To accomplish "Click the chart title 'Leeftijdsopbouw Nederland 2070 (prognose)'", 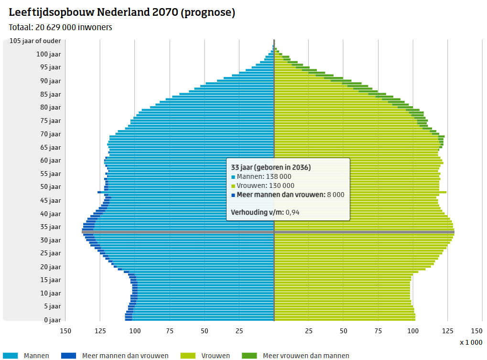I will [x=122, y=13].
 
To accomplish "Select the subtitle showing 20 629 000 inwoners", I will [x=61, y=28].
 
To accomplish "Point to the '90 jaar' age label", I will [x=50, y=81].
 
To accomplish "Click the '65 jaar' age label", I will [x=50, y=147].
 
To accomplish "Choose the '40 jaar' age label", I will [x=50, y=214].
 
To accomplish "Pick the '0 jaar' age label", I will [x=52, y=320].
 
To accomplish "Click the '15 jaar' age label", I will [x=50, y=280].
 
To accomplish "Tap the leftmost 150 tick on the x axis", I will [x=65, y=331].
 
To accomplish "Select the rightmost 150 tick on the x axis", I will [x=476, y=331].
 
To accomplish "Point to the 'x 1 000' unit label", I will [x=471, y=342].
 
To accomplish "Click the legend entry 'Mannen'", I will [x=36, y=356].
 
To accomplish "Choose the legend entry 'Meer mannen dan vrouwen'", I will [x=125, y=356].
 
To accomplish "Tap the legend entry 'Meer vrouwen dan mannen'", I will [x=305, y=356].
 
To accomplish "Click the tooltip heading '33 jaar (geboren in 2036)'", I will [x=271, y=168].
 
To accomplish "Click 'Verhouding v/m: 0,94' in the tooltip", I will [x=265, y=212].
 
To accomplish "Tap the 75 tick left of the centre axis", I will [x=170, y=331].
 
